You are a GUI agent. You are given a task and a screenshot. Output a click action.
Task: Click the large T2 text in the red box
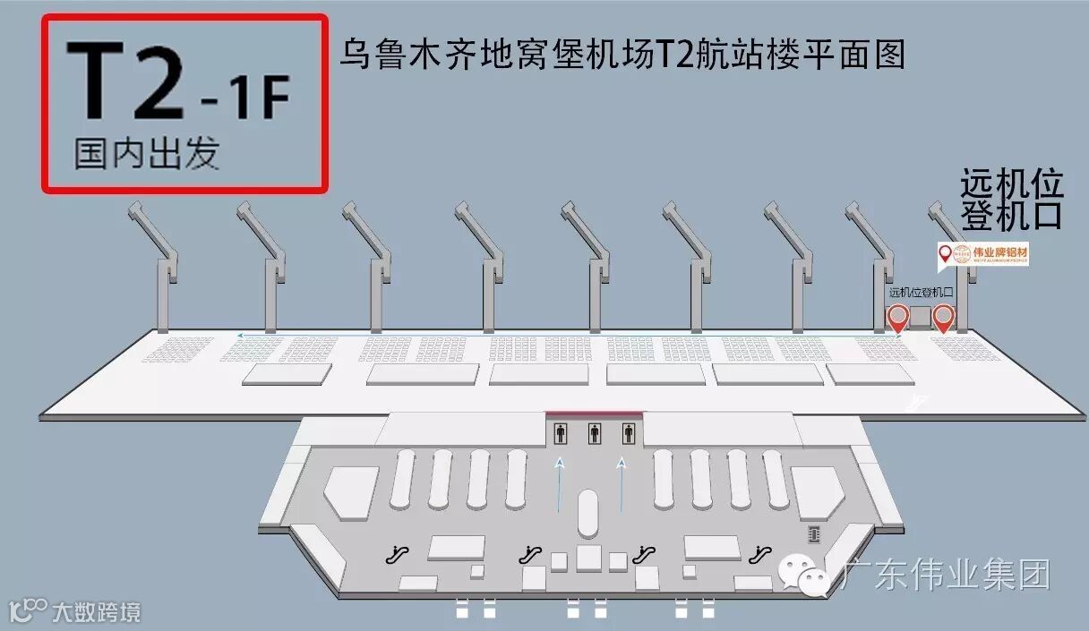point(124,82)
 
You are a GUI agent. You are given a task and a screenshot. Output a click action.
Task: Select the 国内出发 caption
point(146,154)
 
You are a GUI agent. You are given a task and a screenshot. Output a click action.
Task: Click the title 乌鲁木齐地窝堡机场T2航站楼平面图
point(622,53)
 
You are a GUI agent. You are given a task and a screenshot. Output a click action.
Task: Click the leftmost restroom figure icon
point(561,434)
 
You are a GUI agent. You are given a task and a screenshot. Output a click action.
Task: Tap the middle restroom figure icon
point(594,434)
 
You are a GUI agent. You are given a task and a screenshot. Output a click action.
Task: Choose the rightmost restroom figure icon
point(628,434)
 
